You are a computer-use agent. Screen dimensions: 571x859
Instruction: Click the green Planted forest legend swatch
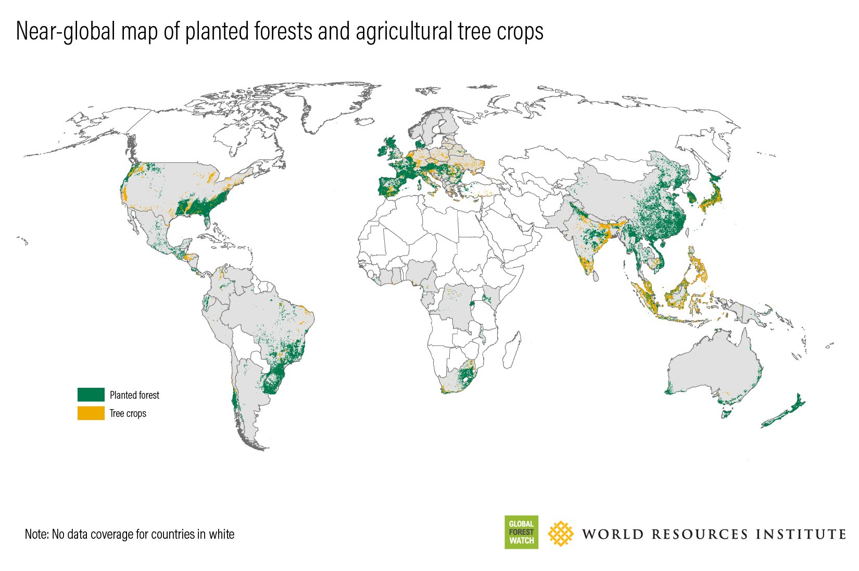click(x=91, y=395)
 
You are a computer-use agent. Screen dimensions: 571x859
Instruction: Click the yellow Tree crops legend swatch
click(x=91, y=413)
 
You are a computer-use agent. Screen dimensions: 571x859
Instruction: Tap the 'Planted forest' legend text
click(x=134, y=396)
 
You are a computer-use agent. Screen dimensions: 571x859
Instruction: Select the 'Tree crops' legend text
click(x=128, y=414)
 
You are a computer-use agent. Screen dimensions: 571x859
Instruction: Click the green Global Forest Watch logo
click(x=521, y=532)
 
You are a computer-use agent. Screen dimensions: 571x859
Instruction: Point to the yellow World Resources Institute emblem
click(x=561, y=534)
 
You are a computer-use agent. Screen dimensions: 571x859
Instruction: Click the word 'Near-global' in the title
click(x=66, y=32)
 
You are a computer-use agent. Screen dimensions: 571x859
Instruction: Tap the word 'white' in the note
click(x=222, y=535)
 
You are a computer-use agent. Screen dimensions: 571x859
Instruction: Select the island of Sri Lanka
click(x=596, y=274)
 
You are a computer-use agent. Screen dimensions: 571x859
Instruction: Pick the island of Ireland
click(x=383, y=151)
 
